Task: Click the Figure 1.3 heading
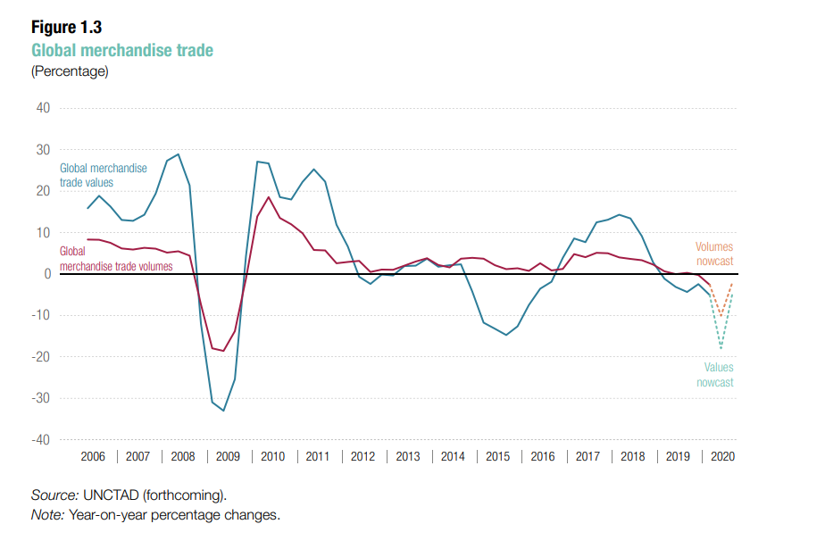(x=66, y=28)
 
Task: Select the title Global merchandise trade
(x=122, y=50)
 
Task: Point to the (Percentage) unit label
(x=70, y=71)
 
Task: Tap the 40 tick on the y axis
(x=43, y=108)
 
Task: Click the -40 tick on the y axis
(x=40, y=440)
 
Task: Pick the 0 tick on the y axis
(x=46, y=274)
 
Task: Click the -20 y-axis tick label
(x=40, y=357)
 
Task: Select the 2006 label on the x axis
(x=93, y=457)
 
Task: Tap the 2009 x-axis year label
(x=228, y=457)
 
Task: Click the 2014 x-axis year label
(x=453, y=457)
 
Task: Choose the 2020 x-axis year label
(x=721, y=457)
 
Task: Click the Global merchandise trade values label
(x=104, y=175)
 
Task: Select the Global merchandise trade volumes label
(x=116, y=259)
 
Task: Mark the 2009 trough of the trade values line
(x=223, y=411)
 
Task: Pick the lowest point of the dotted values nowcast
(x=721, y=348)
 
